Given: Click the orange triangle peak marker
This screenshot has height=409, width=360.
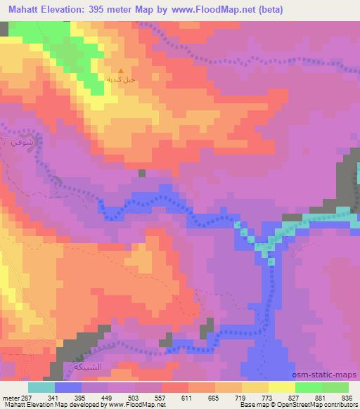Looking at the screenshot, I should pyautogui.click(x=120, y=71).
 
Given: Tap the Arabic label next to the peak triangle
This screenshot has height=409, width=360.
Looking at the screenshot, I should pyautogui.click(x=120, y=81).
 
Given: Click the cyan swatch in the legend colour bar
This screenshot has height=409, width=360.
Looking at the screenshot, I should pyautogui.click(x=41, y=387).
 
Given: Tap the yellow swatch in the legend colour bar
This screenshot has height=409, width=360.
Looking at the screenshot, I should pyautogui.click(x=281, y=387).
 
